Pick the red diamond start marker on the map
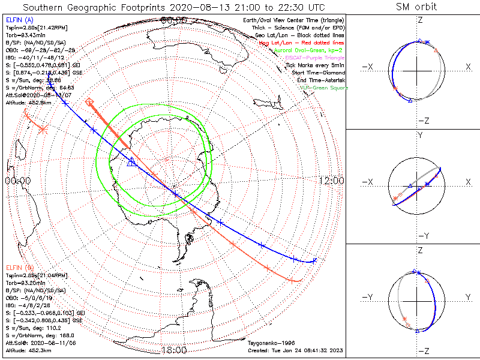coord(89,101)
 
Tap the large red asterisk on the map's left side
coord(43,128)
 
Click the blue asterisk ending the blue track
coord(314,260)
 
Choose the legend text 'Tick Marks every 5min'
coord(317,65)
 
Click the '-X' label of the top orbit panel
coord(368,66)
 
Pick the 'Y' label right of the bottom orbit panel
coord(469,296)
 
